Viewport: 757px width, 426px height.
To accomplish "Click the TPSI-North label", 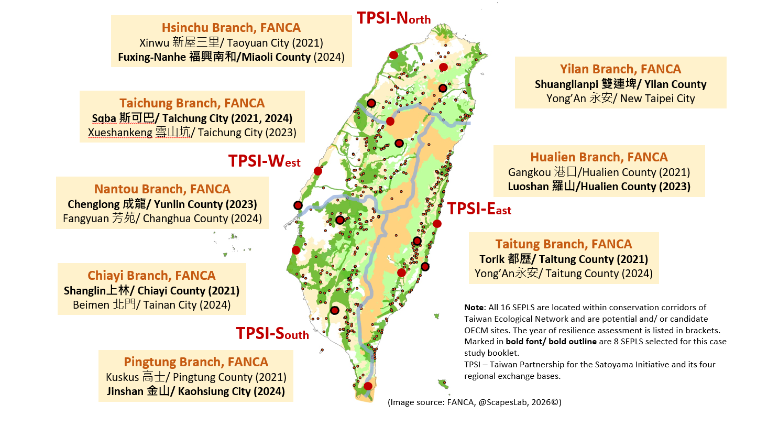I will tap(393, 18).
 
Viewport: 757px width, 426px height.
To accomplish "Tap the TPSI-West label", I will tap(264, 161).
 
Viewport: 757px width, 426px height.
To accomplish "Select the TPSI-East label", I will tap(479, 209).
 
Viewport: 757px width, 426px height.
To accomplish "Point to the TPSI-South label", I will tap(272, 333).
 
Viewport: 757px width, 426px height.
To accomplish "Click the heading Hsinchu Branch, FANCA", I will tap(231, 28).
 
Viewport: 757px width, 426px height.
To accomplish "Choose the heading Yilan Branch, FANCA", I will tap(620, 69).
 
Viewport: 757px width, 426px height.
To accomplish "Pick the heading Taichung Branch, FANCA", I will tap(192, 103).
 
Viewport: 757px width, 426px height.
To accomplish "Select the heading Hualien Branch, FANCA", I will tap(599, 157).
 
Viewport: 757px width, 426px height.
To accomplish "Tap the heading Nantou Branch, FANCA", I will tap(162, 189).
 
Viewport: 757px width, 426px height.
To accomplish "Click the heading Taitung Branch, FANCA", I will tap(564, 244).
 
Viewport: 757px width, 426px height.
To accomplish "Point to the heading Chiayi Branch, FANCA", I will tap(151, 276).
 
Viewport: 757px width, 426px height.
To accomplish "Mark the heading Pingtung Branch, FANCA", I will tap(196, 362).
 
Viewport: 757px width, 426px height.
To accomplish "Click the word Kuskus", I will tap(123, 377).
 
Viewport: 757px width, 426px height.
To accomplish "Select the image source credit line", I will tap(474, 402).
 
